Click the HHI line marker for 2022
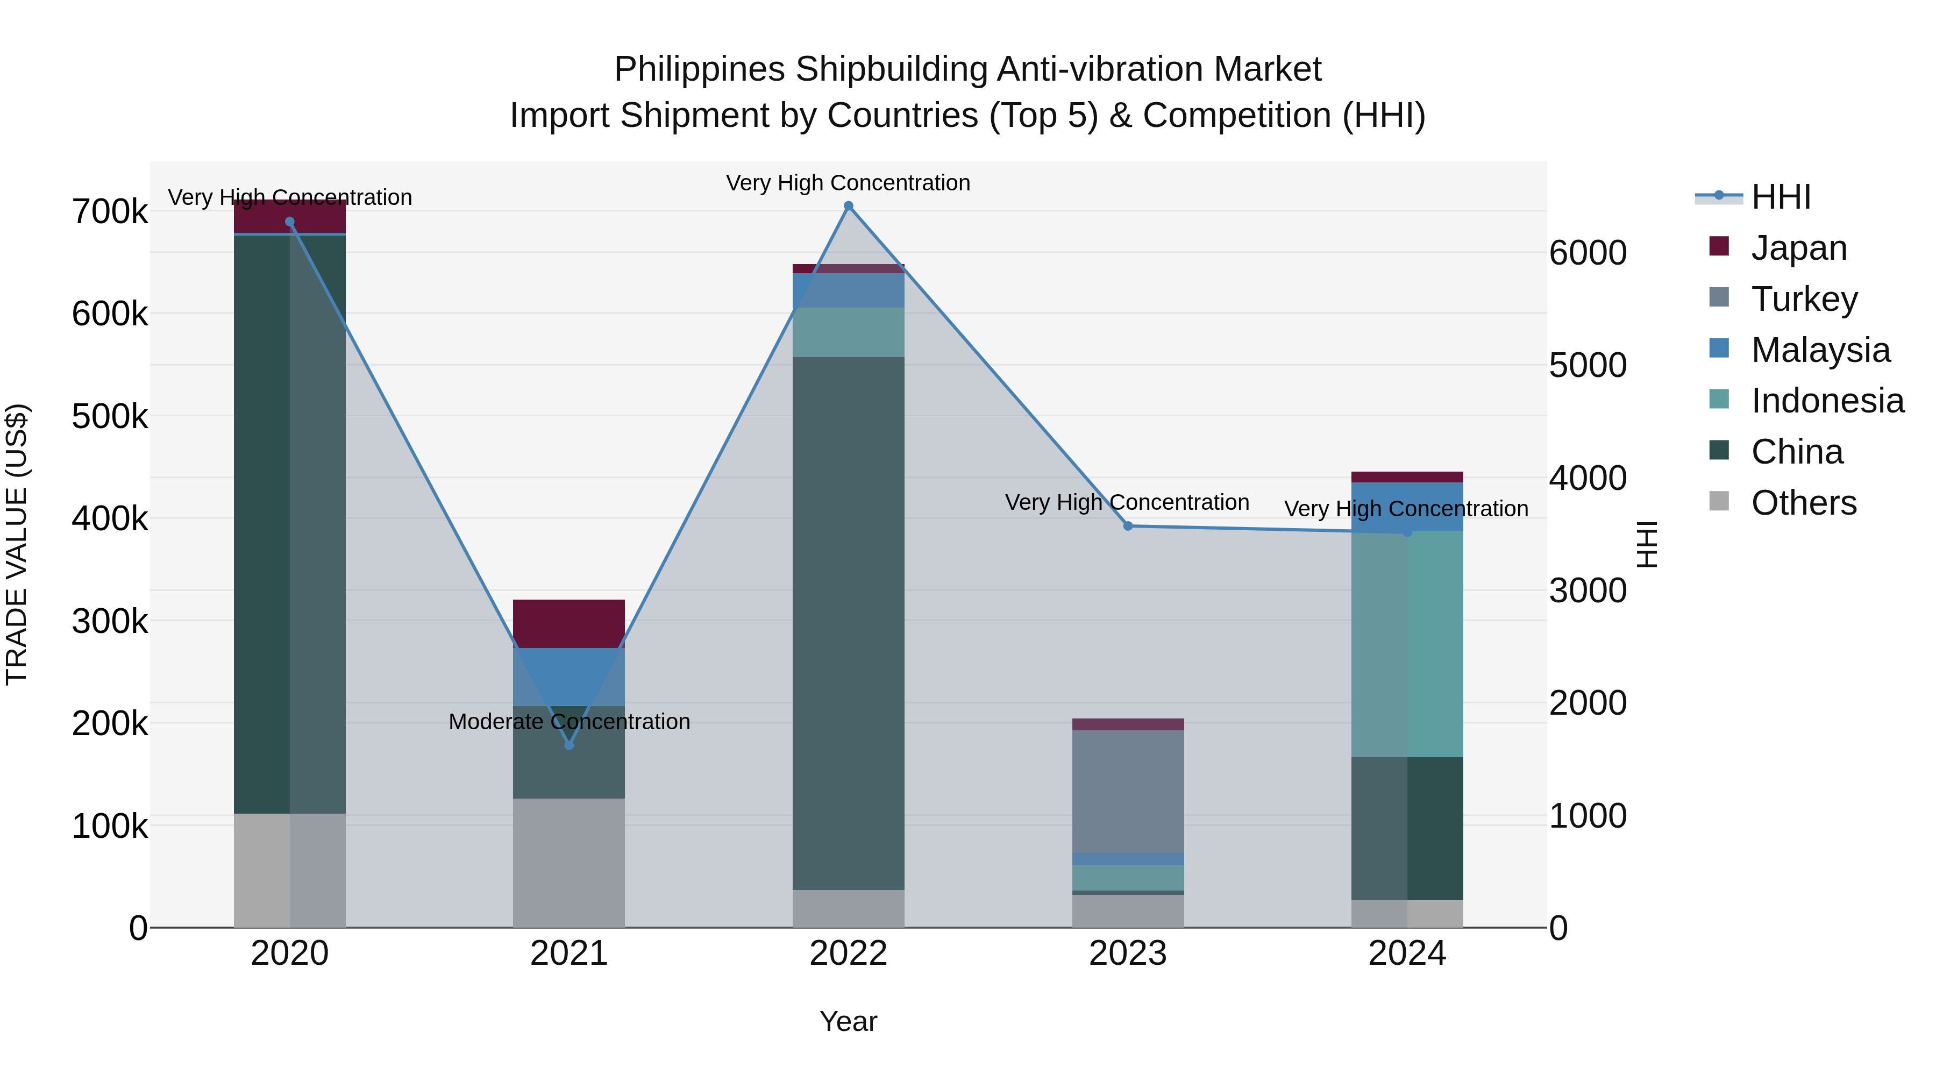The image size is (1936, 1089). (849, 206)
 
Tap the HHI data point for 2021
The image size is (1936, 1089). (569, 745)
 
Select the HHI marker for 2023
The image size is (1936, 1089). (1127, 526)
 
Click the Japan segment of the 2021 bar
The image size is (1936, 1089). (569, 623)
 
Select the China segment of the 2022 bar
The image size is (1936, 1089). (849, 623)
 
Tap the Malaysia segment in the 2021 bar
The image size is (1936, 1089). (569, 677)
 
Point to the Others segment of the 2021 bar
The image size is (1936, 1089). (569, 862)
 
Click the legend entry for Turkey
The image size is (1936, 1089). (1804, 299)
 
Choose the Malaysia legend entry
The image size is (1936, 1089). (1819, 350)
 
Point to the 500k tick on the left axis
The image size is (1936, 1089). (110, 416)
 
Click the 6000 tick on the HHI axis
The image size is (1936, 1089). (1588, 253)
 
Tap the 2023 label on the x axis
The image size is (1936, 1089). (1127, 953)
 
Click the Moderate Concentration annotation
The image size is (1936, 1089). (569, 722)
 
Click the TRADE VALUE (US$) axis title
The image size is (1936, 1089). (17, 544)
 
